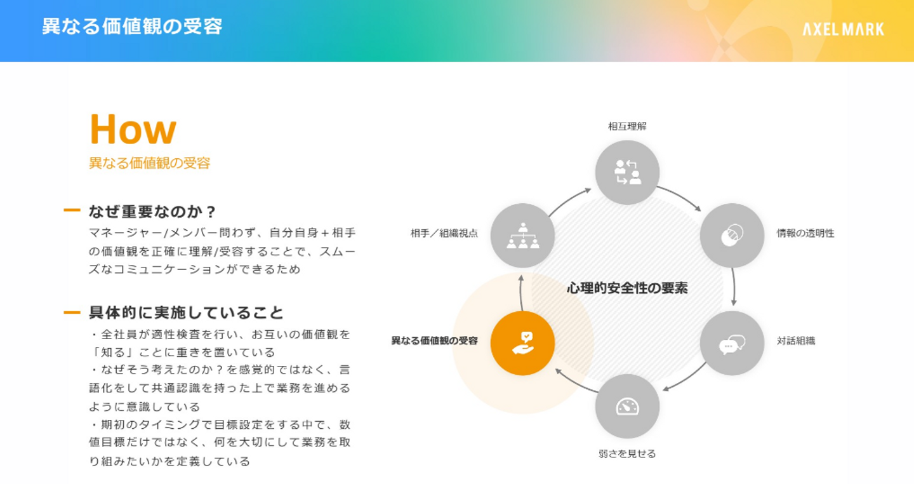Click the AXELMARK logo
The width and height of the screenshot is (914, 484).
tap(843, 29)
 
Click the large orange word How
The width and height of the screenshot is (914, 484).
tap(133, 130)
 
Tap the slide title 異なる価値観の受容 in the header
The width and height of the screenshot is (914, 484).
tap(132, 27)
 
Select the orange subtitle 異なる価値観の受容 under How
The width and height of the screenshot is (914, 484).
tap(149, 163)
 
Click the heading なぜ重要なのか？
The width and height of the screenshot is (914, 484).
tap(153, 211)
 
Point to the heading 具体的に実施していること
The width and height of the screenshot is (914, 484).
tap(186, 313)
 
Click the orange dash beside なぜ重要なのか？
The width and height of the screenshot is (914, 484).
tap(72, 211)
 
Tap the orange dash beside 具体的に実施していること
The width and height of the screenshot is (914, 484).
tap(72, 313)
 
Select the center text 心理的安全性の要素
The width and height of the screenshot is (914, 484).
tap(627, 288)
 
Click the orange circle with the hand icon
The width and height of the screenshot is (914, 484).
tap(522, 343)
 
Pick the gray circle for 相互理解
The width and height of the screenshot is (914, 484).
tap(627, 172)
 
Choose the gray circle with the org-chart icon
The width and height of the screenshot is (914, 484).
tap(522, 235)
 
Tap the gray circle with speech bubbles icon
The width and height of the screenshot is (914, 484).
tap(732, 343)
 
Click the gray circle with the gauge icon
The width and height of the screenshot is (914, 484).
tap(627, 407)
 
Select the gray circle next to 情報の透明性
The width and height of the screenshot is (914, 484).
tap(732, 235)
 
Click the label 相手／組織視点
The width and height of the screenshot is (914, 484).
tap(444, 233)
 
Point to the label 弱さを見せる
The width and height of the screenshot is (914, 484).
tap(627, 454)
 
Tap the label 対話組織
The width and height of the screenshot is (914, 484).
tap(796, 340)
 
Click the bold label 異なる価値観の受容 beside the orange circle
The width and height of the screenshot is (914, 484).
tap(434, 340)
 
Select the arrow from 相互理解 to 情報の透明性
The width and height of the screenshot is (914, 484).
tap(680, 196)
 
